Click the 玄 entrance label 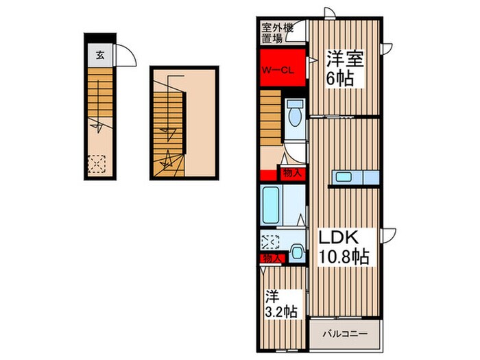tap(100, 56)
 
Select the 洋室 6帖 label tap(343, 67)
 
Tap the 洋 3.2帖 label tap(281, 304)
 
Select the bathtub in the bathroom tap(269, 204)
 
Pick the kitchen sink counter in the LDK tap(355, 177)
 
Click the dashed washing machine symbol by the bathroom tap(269, 241)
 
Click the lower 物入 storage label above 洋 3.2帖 tap(272, 259)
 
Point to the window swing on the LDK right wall tap(389, 234)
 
